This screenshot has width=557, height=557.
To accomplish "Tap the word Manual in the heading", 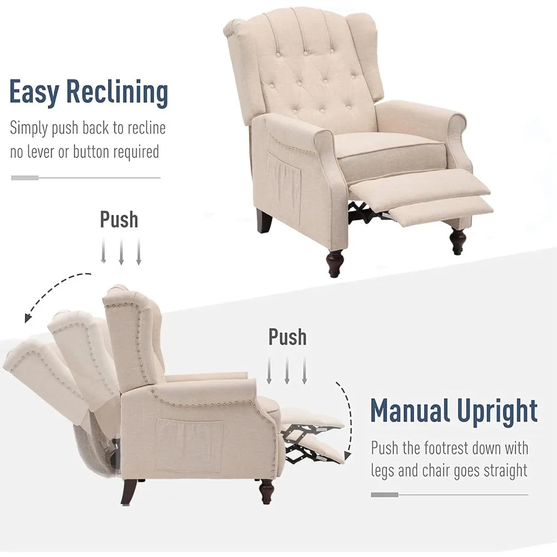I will [x=410, y=411].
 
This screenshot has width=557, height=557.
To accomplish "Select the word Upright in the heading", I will [x=497, y=411].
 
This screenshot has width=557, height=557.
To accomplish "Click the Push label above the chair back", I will [x=119, y=219].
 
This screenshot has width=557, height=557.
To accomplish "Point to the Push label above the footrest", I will [x=287, y=336].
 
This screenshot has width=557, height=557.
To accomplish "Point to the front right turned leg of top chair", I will [x=458, y=241].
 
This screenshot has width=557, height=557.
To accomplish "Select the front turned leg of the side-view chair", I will [x=267, y=491].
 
